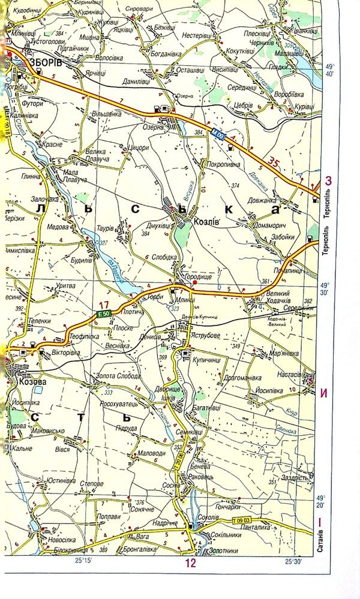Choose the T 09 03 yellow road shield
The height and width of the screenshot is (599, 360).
point(241,519)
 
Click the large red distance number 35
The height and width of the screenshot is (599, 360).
point(274,162)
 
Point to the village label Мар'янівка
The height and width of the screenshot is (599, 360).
point(282,353)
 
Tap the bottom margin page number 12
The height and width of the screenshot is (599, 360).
point(190,563)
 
